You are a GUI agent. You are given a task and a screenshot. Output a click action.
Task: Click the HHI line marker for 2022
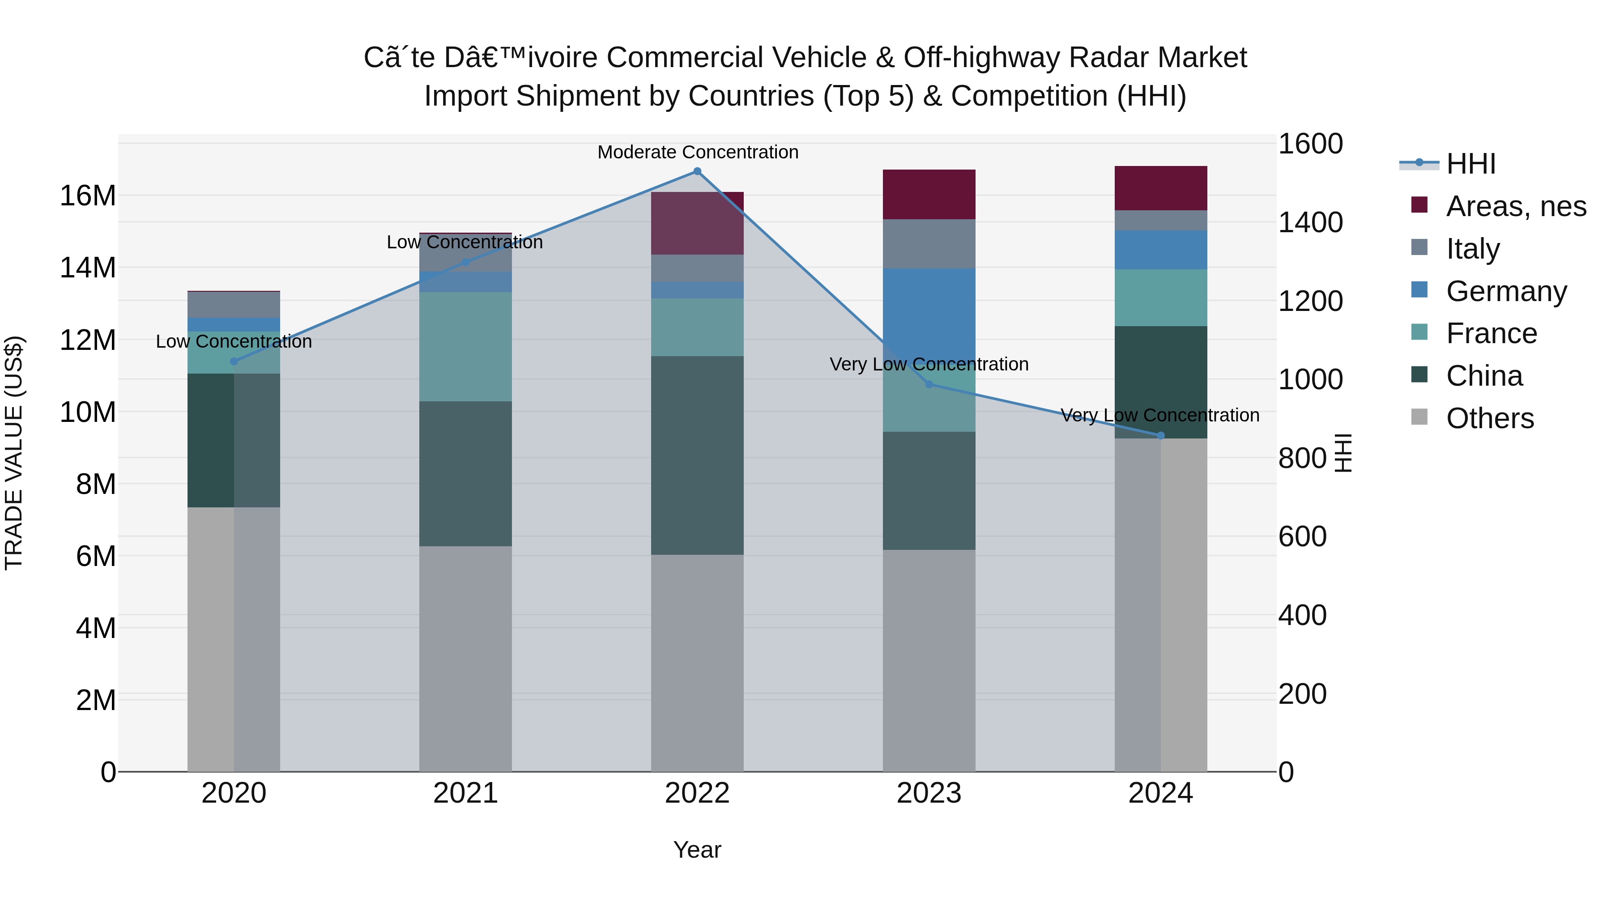tap(697, 171)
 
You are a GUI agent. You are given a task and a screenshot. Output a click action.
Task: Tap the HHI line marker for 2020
tap(234, 362)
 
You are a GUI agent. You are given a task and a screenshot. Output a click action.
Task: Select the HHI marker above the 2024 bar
tap(1161, 436)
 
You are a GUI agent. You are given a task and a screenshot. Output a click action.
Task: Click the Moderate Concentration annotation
tap(698, 153)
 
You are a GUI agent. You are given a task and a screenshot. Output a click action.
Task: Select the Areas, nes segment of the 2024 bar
tap(1161, 188)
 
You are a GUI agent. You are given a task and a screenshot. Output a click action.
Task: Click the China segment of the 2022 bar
tap(697, 455)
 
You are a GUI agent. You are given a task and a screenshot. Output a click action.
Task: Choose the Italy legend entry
tap(1472, 249)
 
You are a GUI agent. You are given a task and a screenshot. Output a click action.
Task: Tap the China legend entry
tap(1483, 376)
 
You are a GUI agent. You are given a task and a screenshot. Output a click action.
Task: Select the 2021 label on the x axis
tap(465, 793)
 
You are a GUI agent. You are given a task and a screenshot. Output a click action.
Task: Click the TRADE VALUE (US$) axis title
tap(14, 453)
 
